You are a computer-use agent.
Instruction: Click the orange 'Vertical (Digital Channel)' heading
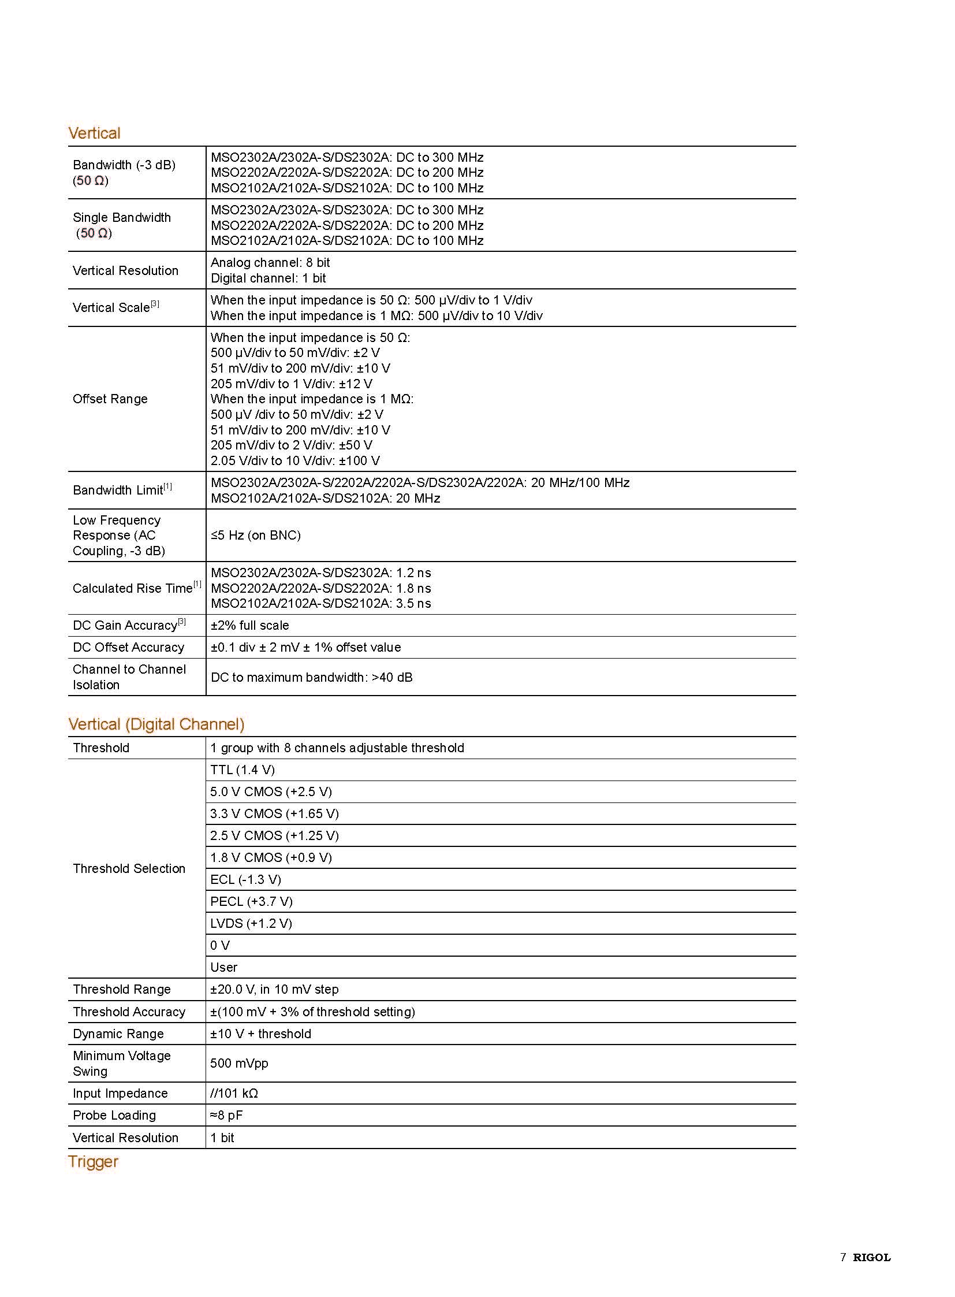point(156,724)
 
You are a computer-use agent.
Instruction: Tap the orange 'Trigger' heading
point(93,1162)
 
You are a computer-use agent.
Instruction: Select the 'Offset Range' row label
point(110,399)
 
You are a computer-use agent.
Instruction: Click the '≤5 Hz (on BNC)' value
point(256,535)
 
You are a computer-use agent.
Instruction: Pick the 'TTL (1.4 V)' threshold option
point(243,770)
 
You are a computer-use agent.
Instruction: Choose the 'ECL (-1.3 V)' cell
point(246,879)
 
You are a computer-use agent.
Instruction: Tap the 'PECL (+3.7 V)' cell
point(252,901)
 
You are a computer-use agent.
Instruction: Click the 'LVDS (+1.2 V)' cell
point(251,923)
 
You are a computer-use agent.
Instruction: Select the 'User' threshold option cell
point(223,967)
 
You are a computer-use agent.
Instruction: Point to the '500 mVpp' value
point(240,1063)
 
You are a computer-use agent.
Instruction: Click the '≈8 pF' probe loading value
point(226,1116)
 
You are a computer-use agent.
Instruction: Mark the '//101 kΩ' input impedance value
point(234,1094)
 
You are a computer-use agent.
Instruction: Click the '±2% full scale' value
point(250,625)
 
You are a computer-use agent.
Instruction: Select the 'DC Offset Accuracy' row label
point(128,647)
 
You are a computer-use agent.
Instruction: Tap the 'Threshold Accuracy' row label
point(129,1012)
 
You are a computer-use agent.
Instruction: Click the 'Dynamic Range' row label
point(118,1034)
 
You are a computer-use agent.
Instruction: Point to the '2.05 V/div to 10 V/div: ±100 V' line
point(295,460)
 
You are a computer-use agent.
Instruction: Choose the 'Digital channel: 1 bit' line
point(268,278)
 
